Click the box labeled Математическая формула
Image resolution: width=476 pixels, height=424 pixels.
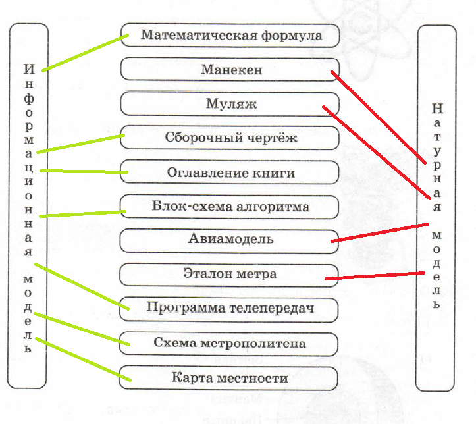pos(230,35)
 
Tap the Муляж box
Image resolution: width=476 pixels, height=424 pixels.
pos(230,104)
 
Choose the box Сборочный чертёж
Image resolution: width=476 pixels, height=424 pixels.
pos(230,138)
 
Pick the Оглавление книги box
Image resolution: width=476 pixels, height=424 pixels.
pos(230,172)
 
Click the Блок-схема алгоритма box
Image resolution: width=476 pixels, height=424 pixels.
pos(230,207)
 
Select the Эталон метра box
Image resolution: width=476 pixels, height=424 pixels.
pos(230,274)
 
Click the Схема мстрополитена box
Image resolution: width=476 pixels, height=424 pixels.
pos(230,343)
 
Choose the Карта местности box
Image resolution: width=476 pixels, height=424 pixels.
pos(230,378)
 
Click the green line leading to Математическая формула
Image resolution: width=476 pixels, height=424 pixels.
pos(84,52)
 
